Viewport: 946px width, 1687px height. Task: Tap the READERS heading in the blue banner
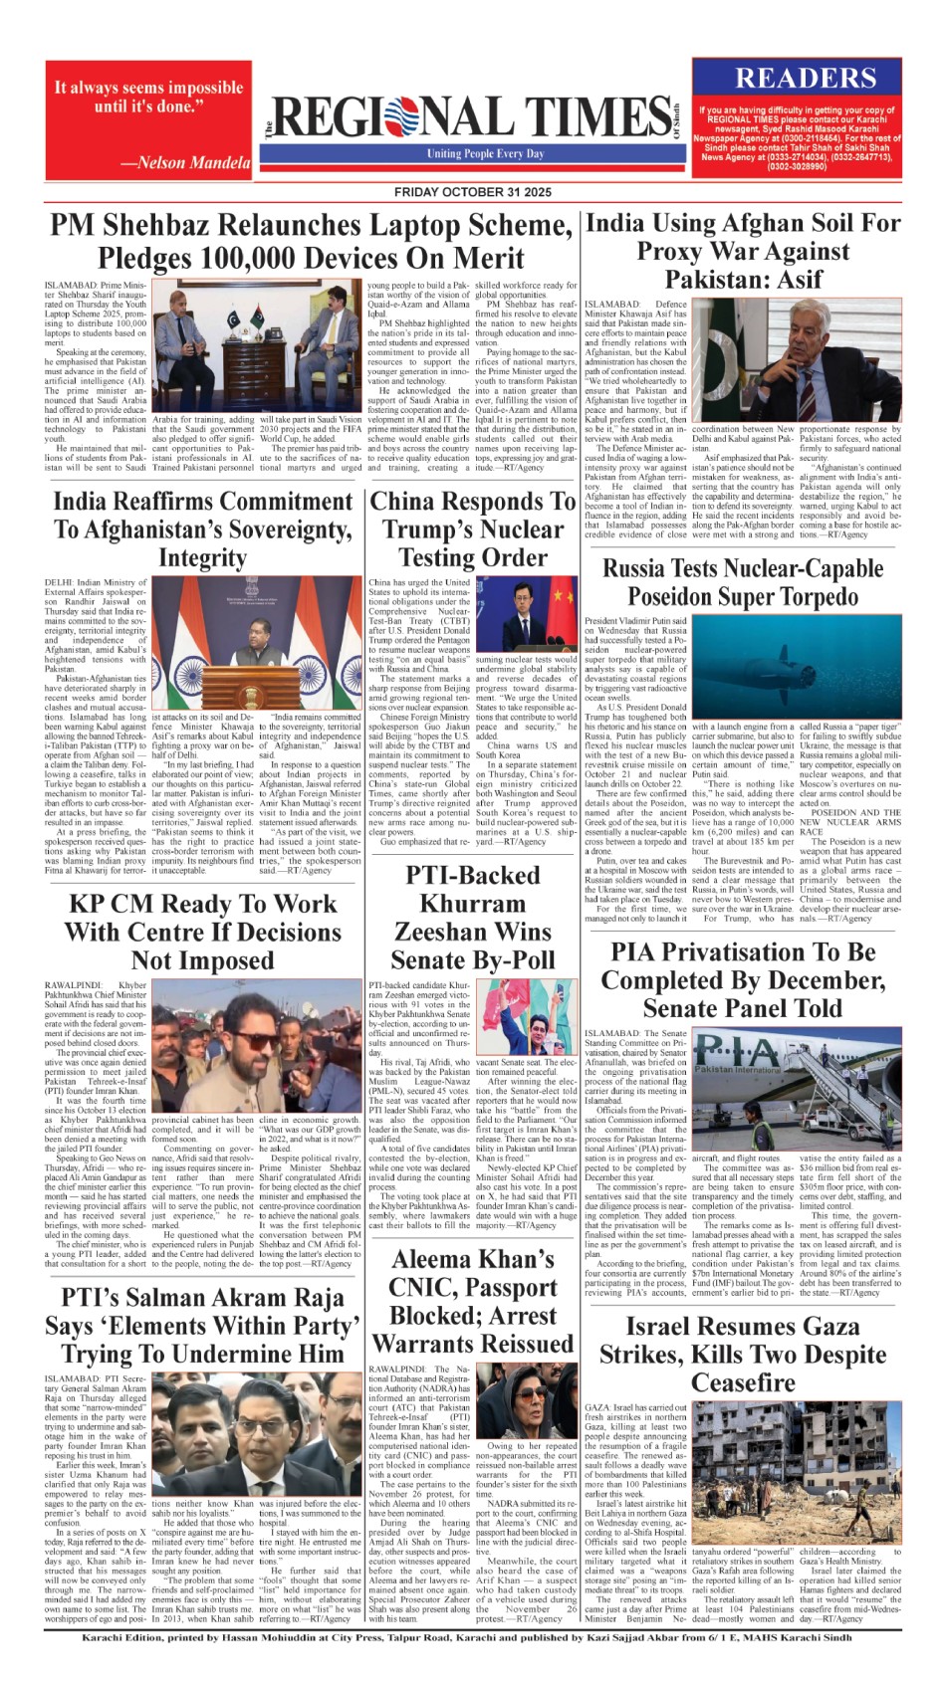806,79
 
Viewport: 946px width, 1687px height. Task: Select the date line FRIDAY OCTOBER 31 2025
472,191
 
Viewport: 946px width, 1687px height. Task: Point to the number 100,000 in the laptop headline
254,258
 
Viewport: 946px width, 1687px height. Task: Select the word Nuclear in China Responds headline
516,529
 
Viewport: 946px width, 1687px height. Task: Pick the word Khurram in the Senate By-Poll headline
472,904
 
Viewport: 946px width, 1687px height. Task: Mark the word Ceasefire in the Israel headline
743,1383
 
